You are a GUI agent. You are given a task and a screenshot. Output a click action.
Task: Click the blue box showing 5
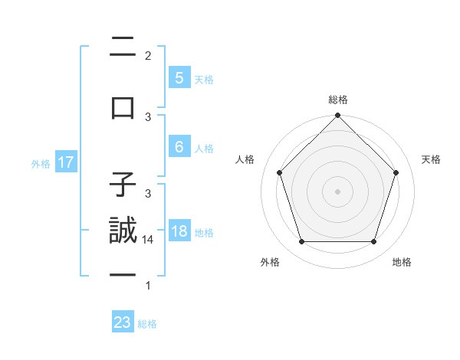pyautogui.click(x=179, y=77)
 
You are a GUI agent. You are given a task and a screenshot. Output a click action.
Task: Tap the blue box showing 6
pyautogui.click(x=179, y=147)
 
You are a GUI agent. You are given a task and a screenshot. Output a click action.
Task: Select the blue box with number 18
pyautogui.click(x=179, y=231)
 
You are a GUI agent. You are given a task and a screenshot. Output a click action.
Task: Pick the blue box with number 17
pyautogui.click(x=66, y=162)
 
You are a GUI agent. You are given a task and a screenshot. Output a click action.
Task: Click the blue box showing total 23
pyautogui.click(x=123, y=322)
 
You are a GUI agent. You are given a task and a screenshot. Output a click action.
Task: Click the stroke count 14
pyautogui.click(x=149, y=240)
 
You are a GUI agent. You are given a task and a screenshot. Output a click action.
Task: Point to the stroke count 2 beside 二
pyautogui.click(x=148, y=55)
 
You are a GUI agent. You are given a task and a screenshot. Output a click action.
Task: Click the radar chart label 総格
pyautogui.click(x=338, y=100)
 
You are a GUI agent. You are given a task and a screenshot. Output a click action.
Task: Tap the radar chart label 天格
pyautogui.click(x=432, y=159)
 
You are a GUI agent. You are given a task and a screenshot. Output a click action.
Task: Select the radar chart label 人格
pyautogui.click(x=245, y=159)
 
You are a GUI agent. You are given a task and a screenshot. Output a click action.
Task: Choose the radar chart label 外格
pyautogui.click(x=270, y=262)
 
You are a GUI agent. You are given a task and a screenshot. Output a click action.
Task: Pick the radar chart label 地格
pyautogui.click(x=402, y=262)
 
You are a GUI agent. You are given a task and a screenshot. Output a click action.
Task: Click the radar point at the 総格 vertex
pyautogui.click(x=338, y=116)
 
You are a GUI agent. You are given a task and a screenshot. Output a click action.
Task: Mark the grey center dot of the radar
pyautogui.click(x=338, y=191)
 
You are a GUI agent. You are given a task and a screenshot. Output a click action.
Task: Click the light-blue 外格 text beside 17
pyautogui.click(x=41, y=163)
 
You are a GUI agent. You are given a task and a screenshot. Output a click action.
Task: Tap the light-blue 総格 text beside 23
pyautogui.click(x=147, y=323)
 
